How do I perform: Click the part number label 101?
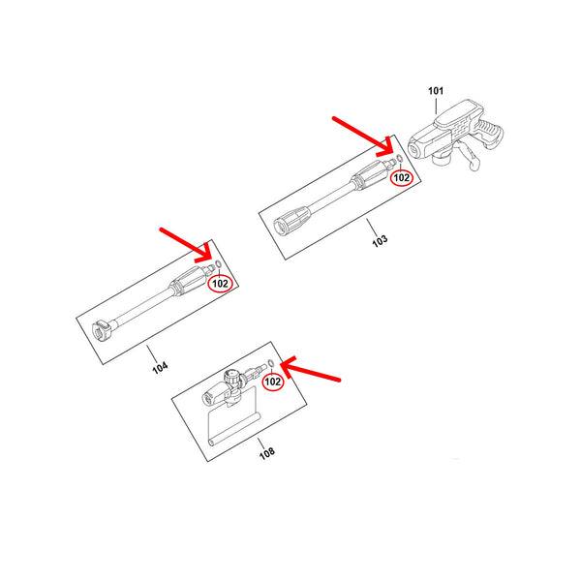(x=436, y=91)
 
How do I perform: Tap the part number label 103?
(x=380, y=240)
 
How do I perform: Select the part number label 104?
(x=160, y=367)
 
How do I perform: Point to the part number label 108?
(x=267, y=453)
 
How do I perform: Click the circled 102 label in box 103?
(x=402, y=178)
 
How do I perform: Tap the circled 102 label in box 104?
(x=220, y=284)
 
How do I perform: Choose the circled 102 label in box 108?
(x=273, y=382)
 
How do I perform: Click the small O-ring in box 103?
(x=400, y=159)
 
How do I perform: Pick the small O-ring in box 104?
(x=218, y=264)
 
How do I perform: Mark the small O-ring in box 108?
(x=271, y=362)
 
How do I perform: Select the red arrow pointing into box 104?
(x=185, y=245)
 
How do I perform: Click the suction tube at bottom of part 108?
(x=234, y=431)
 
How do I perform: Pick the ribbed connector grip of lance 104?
(x=189, y=281)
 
